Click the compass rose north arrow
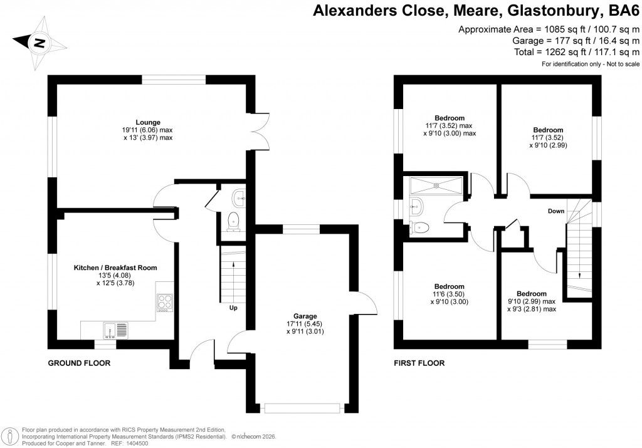click(39, 43)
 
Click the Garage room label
click(305, 316)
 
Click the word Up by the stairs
click(233, 308)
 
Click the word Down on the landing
click(556, 211)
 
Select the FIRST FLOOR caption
click(419, 363)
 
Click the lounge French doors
click(261, 130)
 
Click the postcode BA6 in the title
click(622, 11)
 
